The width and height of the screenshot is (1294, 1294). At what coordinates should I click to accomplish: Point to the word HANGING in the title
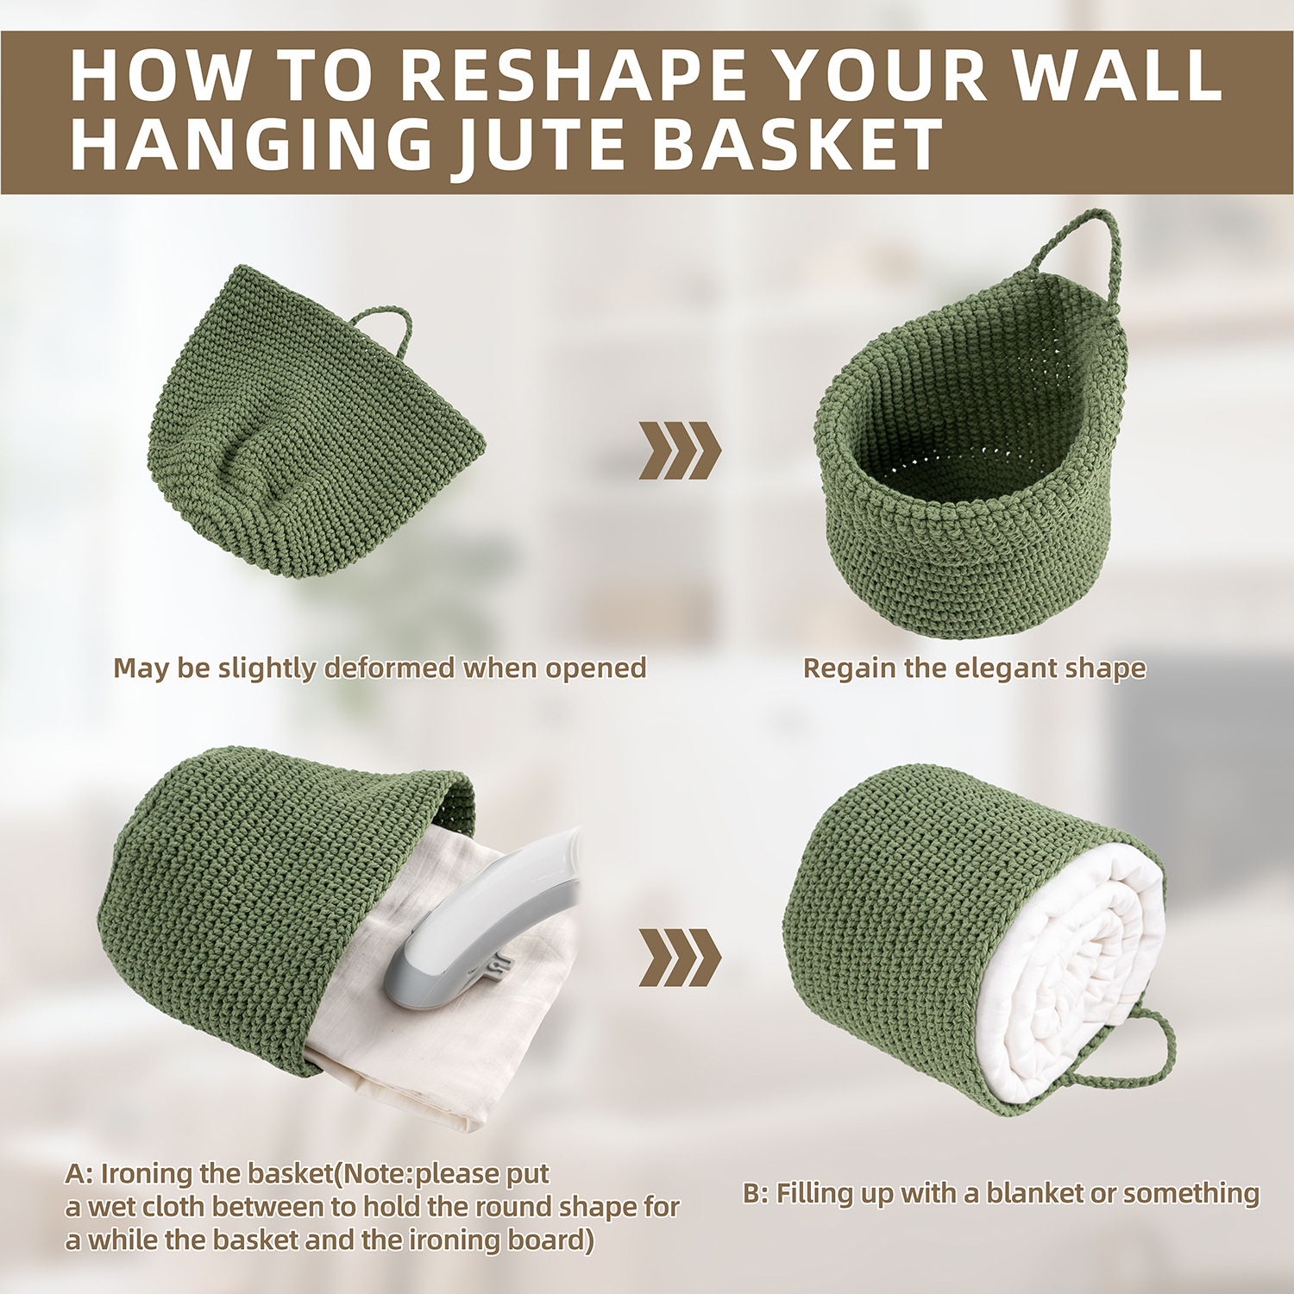[251, 144]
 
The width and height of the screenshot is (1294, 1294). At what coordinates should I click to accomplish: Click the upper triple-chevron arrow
[680, 450]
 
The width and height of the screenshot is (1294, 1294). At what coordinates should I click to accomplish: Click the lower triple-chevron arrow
[680, 958]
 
